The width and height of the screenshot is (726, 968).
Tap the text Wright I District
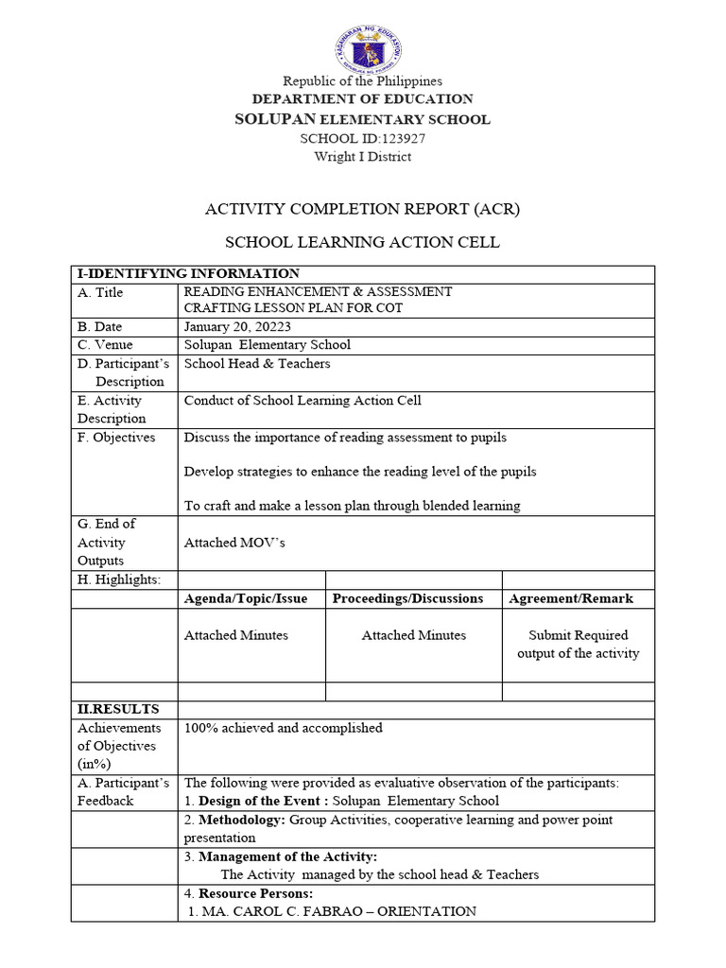(x=363, y=156)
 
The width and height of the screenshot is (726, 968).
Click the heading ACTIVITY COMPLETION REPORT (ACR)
(x=363, y=208)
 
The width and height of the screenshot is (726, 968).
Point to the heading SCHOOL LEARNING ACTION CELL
(x=363, y=243)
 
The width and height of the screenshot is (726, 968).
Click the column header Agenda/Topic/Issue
(x=246, y=598)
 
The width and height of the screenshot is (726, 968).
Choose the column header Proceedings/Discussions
(x=407, y=598)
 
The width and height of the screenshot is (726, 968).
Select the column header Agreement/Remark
(x=571, y=598)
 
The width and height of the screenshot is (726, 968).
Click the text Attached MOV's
(x=234, y=543)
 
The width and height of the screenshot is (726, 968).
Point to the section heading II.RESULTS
(x=118, y=709)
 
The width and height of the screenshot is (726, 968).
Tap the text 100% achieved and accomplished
(x=284, y=728)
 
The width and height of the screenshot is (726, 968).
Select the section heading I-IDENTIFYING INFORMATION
(x=188, y=274)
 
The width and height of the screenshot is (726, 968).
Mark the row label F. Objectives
(x=116, y=438)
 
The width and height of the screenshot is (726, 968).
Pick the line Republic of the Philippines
(x=363, y=81)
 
